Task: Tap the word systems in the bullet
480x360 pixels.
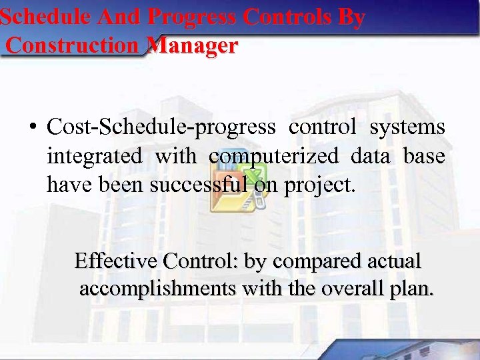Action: tap(407, 126)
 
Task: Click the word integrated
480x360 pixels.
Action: tap(94, 156)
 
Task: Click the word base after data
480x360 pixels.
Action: tap(424, 156)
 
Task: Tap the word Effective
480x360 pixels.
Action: tap(116, 261)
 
